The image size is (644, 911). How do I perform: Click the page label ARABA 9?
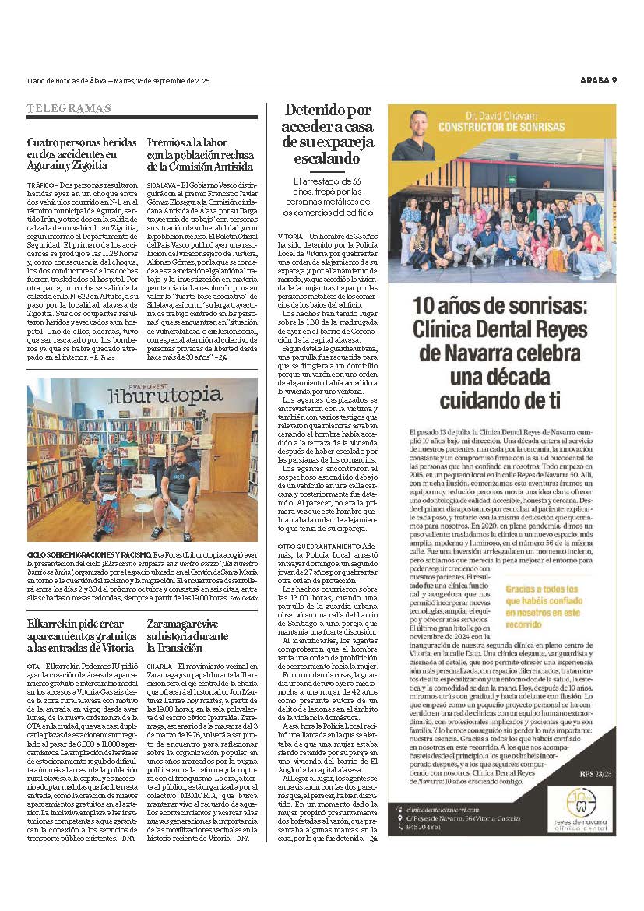coord(598,80)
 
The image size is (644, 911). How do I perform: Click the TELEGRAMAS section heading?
coord(69,108)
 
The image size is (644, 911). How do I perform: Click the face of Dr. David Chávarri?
coord(412,133)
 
